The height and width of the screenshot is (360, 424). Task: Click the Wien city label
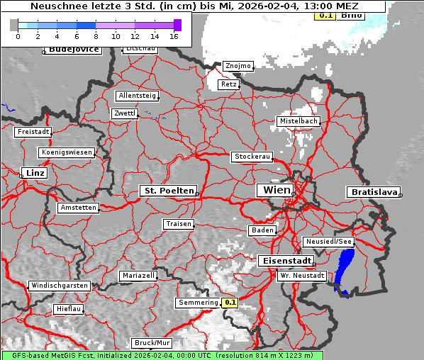click(x=277, y=190)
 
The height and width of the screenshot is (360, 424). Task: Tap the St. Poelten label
click(x=167, y=191)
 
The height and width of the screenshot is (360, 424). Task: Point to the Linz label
click(x=33, y=173)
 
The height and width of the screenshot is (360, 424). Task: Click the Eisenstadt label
click(x=285, y=261)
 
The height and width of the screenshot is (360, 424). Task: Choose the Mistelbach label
click(x=298, y=121)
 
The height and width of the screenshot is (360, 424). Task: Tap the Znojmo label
click(x=238, y=66)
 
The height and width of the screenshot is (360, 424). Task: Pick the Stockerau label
click(x=252, y=157)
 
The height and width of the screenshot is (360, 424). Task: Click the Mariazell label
click(x=138, y=275)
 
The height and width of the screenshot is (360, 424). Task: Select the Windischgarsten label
click(x=59, y=286)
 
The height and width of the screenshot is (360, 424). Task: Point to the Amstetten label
click(x=78, y=208)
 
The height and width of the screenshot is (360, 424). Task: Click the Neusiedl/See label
click(x=329, y=242)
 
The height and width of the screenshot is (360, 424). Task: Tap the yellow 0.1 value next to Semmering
click(x=230, y=303)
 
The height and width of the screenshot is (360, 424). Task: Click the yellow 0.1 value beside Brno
click(x=325, y=15)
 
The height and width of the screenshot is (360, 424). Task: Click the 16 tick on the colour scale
click(x=174, y=35)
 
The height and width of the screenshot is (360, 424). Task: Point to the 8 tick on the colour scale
click(x=96, y=35)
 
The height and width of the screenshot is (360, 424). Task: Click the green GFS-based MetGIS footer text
click(x=162, y=355)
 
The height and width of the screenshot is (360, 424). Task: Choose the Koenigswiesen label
click(x=67, y=152)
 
